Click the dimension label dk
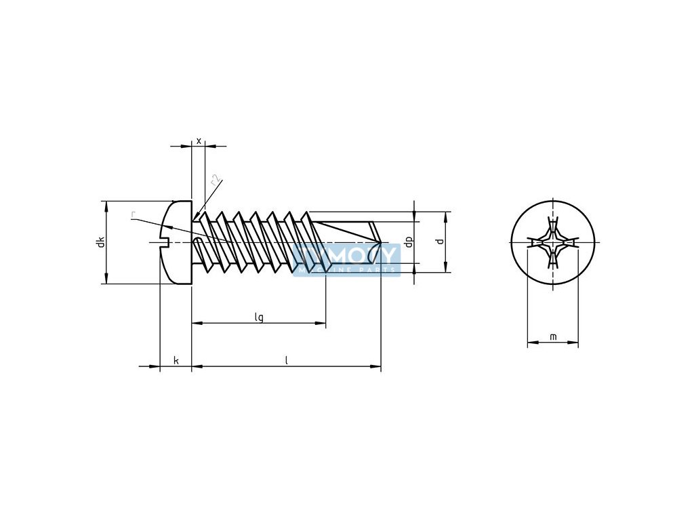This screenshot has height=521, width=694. (x=100, y=242)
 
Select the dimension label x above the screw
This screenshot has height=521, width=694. (x=199, y=140)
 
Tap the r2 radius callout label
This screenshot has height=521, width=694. (x=215, y=181)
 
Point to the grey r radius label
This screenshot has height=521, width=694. (x=134, y=216)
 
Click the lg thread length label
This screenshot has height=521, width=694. (x=259, y=317)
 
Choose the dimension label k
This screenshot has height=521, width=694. (x=176, y=360)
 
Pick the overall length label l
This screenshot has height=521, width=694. (x=287, y=360)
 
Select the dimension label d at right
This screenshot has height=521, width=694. (x=440, y=242)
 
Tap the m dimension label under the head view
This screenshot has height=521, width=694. (x=553, y=336)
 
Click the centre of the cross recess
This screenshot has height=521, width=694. (x=553, y=242)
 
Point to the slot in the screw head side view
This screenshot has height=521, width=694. (x=163, y=242)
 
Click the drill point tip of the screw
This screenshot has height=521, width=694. (x=380, y=242)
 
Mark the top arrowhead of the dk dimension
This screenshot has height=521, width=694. (x=106, y=206)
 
